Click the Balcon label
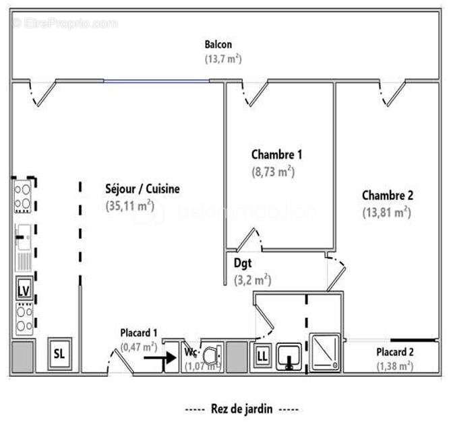[218, 45]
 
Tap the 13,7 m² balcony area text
[223, 59]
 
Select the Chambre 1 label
[276, 154]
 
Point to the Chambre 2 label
[388, 196]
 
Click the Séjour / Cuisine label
[142, 189]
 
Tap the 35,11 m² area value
[130, 205]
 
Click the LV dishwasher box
[24, 290]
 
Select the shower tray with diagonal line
[326, 353]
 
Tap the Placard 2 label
[395, 352]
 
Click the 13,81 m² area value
[386, 212]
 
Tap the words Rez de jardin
[241, 409]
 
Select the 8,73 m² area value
[273, 171]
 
